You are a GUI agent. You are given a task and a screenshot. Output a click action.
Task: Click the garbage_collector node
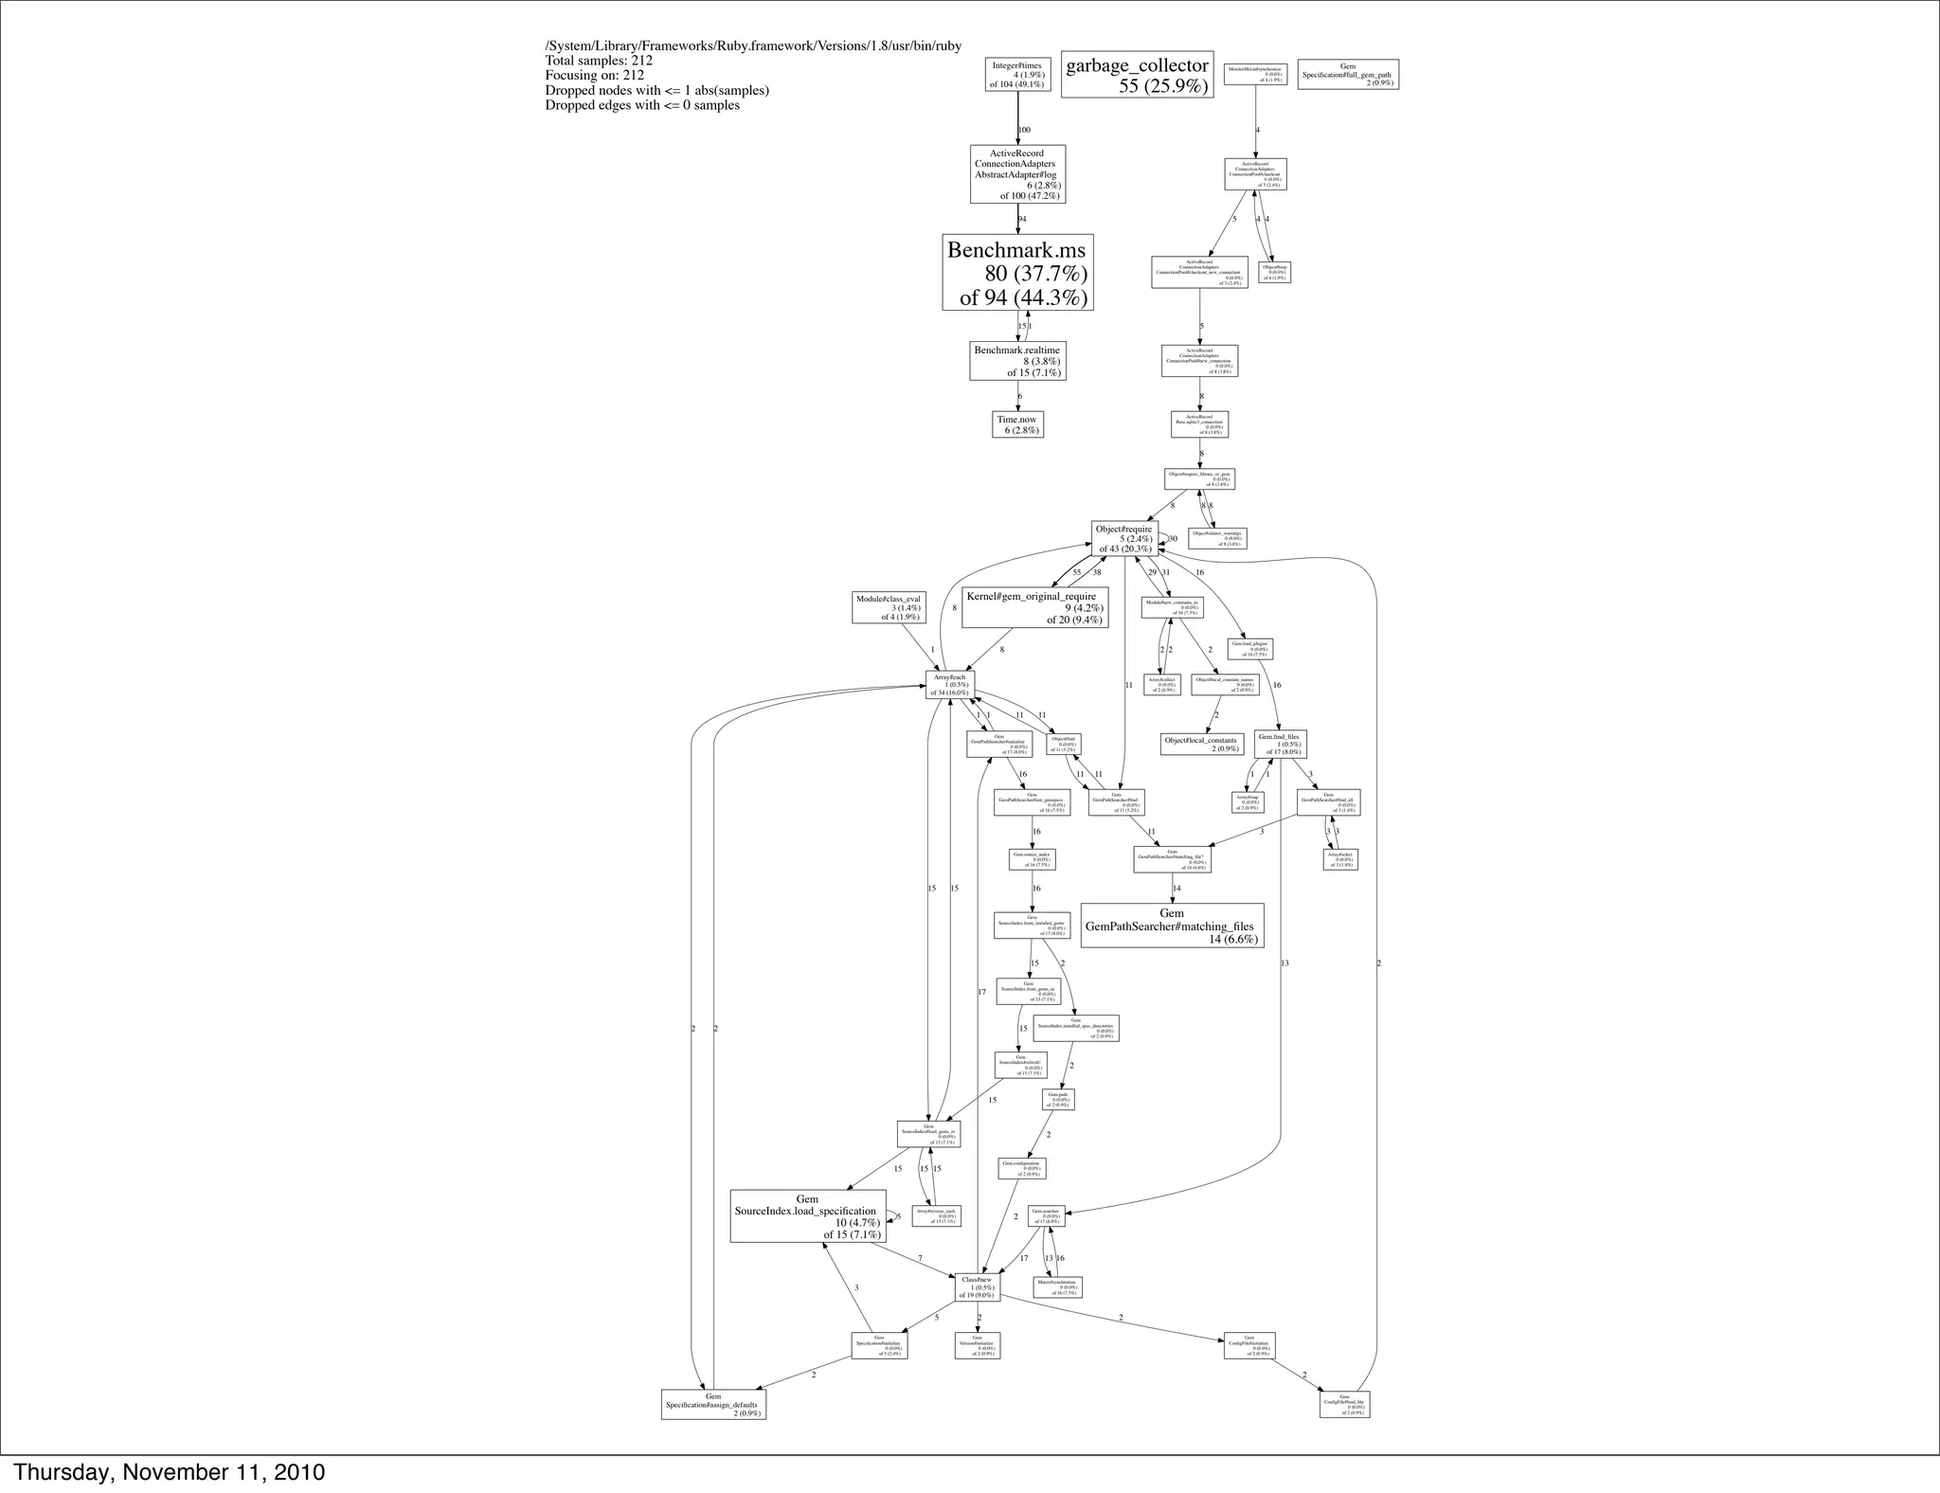pyautogui.click(x=1137, y=75)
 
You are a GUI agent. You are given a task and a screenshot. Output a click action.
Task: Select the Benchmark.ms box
pyautogui.click(x=1017, y=273)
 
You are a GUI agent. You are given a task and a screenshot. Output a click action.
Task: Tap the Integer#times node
pyautogui.click(x=1017, y=75)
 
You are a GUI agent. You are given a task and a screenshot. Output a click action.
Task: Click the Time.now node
pyautogui.click(x=1017, y=424)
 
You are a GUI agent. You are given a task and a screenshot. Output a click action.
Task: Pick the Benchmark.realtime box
pyautogui.click(x=1017, y=361)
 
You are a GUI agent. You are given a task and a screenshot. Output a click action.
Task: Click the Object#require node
pyautogui.click(x=1124, y=538)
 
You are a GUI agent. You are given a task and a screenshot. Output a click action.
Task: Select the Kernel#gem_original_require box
pyautogui.click(x=1034, y=607)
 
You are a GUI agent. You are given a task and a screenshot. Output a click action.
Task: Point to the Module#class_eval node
pyautogui.click(x=888, y=607)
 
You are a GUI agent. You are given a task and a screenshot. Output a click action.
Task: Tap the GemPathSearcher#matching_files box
pyautogui.click(x=1172, y=926)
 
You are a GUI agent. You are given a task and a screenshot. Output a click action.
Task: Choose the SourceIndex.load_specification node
pyautogui.click(x=807, y=1216)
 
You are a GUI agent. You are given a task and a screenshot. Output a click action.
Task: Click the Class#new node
pyautogui.click(x=977, y=1287)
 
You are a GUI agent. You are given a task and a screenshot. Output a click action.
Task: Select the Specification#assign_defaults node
pyautogui.click(x=712, y=1404)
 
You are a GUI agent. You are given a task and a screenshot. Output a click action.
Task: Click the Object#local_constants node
pyautogui.click(x=1201, y=744)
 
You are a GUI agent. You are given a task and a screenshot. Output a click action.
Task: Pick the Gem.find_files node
pyautogui.click(x=1280, y=744)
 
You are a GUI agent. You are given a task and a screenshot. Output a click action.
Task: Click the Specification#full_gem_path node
pyautogui.click(x=1347, y=75)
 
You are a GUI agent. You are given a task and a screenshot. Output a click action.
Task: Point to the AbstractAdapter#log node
pyautogui.click(x=1017, y=174)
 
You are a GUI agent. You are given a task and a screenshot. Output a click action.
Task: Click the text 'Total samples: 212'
pyautogui.click(x=599, y=61)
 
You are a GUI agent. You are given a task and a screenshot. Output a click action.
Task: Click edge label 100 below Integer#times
pyautogui.click(x=1024, y=130)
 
